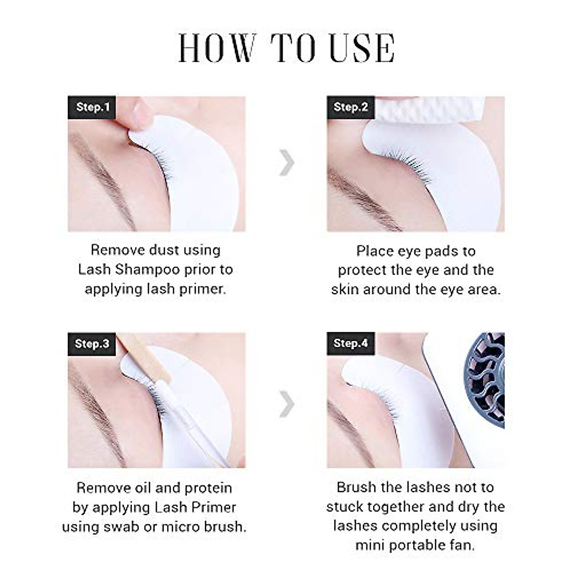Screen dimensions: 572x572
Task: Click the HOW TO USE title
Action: coord(286,48)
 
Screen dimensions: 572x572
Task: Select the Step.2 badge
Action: coord(350,107)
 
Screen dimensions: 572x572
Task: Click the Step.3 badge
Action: coord(92,344)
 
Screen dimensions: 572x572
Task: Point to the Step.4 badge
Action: coord(350,343)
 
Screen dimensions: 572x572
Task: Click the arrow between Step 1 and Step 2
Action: coord(287,163)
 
